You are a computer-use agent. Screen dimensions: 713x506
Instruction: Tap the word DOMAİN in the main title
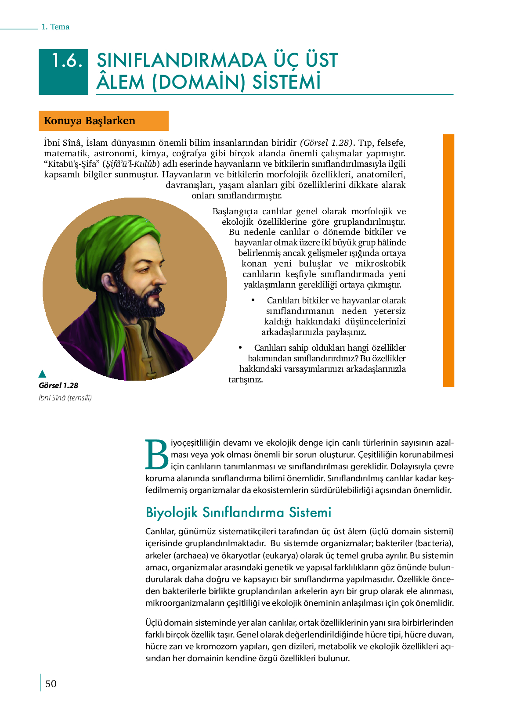point(198,82)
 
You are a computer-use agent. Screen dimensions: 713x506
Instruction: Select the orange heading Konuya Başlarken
point(90,121)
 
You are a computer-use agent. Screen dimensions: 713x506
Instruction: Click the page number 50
point(51,684)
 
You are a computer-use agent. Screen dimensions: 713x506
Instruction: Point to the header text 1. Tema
point(55,27)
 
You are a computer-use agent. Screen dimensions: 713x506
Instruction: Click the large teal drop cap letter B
point(157,454)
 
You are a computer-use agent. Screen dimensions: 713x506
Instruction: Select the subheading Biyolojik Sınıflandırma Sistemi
point(238,512)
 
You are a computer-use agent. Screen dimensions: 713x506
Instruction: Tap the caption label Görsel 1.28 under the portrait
point(58,385)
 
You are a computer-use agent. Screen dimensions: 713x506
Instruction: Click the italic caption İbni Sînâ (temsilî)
point(65,398)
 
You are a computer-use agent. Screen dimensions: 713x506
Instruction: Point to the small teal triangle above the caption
point(43,374)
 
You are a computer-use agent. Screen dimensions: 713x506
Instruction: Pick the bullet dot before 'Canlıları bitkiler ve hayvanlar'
point(253,300)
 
